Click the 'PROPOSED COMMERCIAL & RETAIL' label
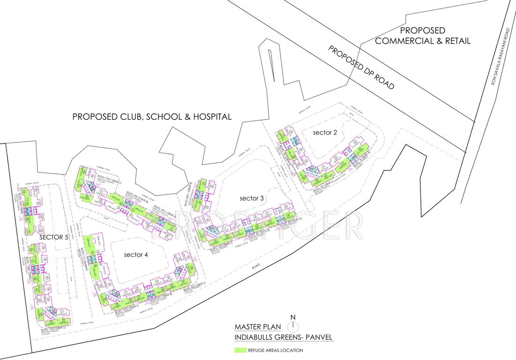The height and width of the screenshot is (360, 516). (x=423, y=36)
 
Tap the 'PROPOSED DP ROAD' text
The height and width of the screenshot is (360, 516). (x=361, y=67)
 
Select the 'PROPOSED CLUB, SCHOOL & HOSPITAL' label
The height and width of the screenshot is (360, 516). (x=152, y=117)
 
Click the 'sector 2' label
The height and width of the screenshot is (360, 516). (x=325, y=133)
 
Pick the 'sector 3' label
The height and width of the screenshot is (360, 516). (x=252, y=198)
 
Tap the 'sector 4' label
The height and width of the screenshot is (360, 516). (x=136, y=255)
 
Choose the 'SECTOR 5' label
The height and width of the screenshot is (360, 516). (x=54, y=237)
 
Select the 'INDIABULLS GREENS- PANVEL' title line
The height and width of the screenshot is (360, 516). (x=284, y=337)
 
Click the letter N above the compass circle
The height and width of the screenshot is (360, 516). (x=293, y=317)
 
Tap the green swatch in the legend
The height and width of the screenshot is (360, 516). (x=241, y=350)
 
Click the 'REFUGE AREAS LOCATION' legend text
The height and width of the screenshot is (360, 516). (x=276, y=350)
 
